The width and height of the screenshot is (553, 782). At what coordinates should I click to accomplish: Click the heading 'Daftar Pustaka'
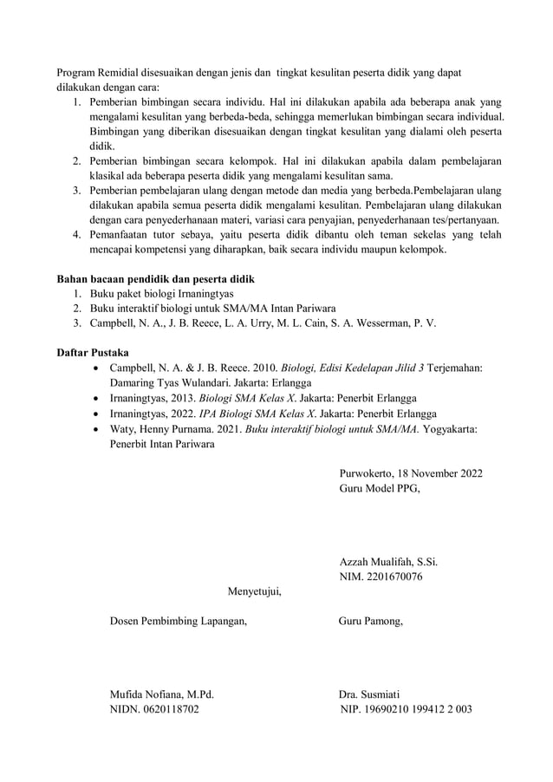(x=93, y=354)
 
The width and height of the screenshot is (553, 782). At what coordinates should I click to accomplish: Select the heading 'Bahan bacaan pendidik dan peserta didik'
(x=155, y=279)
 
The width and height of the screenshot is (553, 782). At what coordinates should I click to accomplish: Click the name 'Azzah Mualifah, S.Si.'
(x=388, y=562)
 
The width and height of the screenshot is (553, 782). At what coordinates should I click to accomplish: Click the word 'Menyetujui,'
(x=254, y=592)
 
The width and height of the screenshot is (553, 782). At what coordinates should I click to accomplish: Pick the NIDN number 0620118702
(x=174, y=709)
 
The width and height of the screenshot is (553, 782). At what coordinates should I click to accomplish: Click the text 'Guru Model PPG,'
(x=381, y=489)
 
